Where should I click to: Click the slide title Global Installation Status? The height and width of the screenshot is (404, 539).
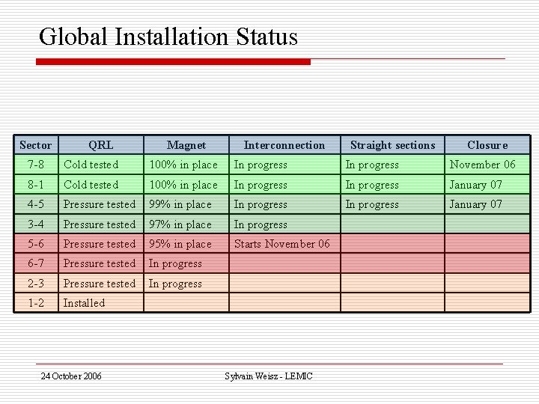(168, 37)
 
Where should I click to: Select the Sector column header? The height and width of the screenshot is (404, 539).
(36, 145)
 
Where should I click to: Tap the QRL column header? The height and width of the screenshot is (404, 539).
(101, 145)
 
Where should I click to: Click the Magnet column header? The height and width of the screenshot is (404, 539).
(186, 145)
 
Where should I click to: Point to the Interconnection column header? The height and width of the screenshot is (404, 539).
(284, 145)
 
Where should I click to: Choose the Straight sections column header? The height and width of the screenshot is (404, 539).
(392, 145)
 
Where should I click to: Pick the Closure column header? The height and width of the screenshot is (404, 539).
(487, 145)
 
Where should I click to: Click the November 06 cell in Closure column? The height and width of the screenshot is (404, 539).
(482, 165)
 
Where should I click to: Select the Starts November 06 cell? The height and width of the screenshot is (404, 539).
(282, 244)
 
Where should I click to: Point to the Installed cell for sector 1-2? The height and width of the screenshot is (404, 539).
(84, 303)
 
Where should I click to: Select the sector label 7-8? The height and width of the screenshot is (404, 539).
(36, 165)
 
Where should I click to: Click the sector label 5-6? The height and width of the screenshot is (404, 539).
(36, 244)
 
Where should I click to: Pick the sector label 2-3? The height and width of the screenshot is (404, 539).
(36, 284)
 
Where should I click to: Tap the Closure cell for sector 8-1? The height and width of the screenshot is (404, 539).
(476, 185)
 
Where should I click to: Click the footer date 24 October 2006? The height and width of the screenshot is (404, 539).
(71, 376)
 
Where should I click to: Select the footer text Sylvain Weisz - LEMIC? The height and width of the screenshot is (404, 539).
(269, 376)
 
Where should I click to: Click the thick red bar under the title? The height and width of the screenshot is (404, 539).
(173, 62)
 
